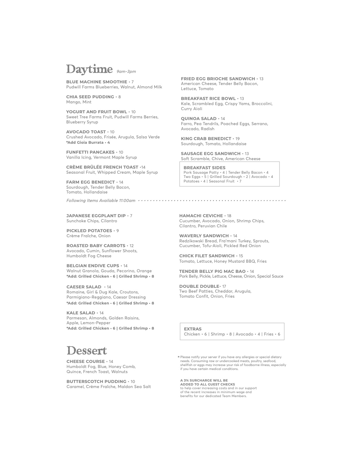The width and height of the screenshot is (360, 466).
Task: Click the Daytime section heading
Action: (89, 69)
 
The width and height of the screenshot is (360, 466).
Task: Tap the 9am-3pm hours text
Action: (126, 72)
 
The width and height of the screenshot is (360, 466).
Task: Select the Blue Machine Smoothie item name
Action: (97, 82)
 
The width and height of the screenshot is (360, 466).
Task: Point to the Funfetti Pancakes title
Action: (90, 152)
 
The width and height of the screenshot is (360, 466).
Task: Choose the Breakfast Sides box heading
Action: (204, 168)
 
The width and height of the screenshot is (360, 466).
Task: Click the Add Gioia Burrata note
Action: (88, 142)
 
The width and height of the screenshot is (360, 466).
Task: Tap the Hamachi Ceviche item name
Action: (201, 216)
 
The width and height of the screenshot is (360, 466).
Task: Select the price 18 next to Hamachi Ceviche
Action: (229, 216)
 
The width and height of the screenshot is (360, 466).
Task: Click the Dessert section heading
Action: (87, 351)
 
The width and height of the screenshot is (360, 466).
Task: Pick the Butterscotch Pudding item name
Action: (96, 382)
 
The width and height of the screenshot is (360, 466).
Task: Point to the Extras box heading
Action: (193, 329)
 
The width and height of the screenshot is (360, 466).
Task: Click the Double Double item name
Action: (199, 286)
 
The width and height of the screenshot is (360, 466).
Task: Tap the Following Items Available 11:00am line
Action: (101, 201)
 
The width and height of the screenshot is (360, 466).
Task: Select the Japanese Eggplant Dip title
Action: (96, 216)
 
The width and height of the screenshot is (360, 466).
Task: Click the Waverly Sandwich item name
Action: (204, 236)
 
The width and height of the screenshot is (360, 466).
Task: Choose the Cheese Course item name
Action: (86, 362)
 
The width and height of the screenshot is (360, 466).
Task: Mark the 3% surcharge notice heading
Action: (208, 382)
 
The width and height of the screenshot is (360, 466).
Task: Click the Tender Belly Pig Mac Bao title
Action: (212, 271)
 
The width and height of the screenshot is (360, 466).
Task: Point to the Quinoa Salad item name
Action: (198, 119)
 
